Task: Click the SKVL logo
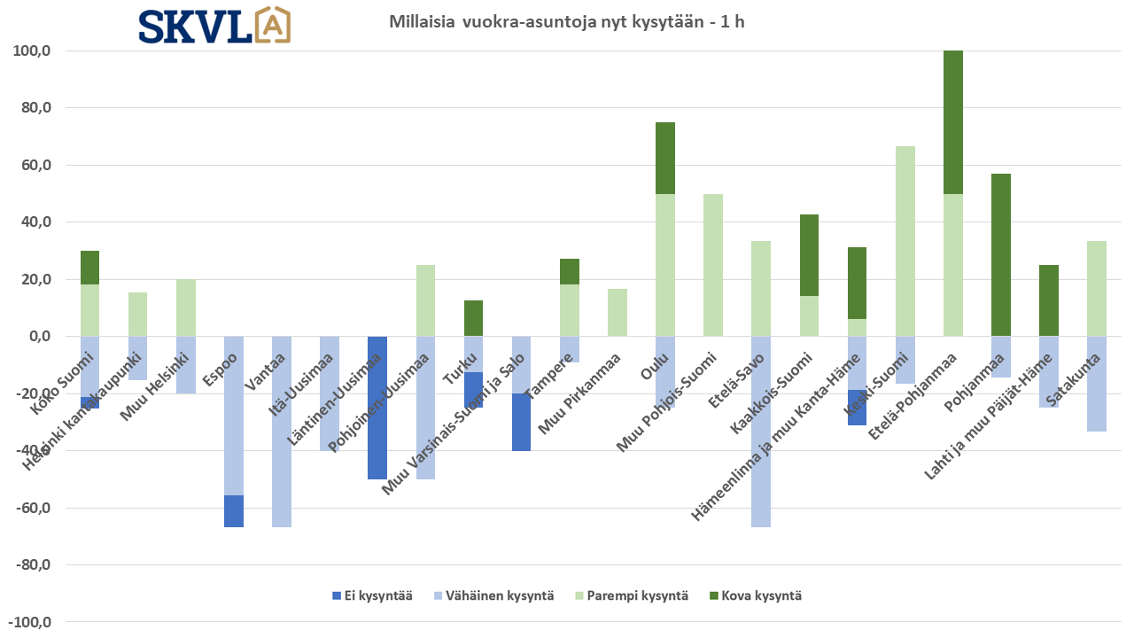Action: tap(214, 26)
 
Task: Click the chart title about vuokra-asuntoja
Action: tap(567, 22)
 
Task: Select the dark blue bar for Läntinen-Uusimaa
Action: tap(377, 408)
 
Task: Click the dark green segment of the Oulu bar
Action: tap(665, 158)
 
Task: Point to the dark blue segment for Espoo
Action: tap(234, 511)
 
